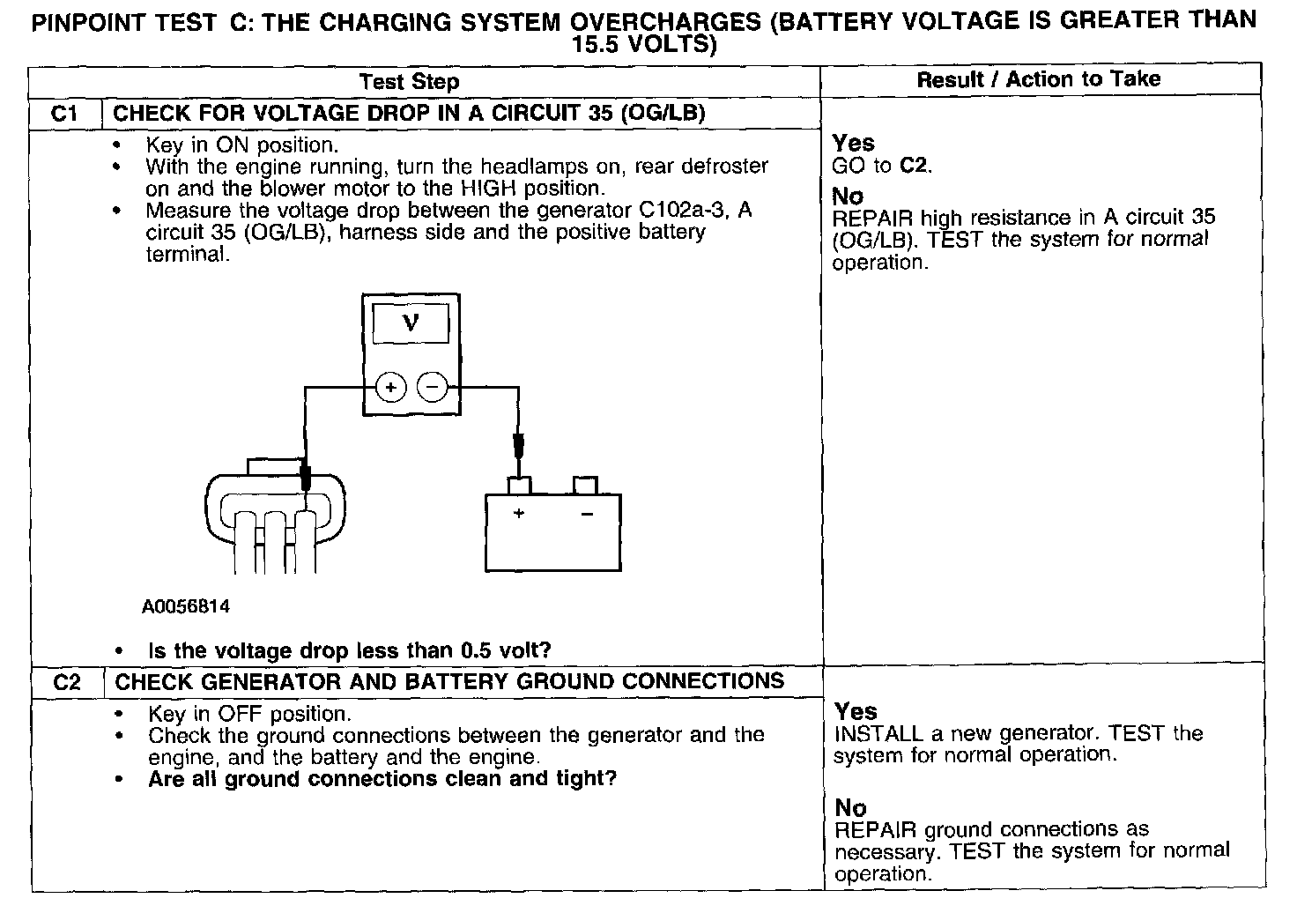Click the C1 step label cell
pyautogui.click(x=65, y=114)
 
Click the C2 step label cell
pyautogui.click(x=67, y=682)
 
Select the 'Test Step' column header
pyautogui.click(x=409, y=82)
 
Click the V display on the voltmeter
pyautogui.click(x=411, y=323)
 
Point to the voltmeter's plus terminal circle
pyautogui.click(x=390, y=387)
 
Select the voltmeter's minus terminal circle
pyautogui.click(x=432, y=387)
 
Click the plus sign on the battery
pyautogui.click(x=519, y=513)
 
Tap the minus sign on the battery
pyautogui.click(x=586, y=513)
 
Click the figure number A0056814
pyautogui.click(x=186, y=606)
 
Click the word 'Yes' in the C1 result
pyautogui.click(x=853, y=143)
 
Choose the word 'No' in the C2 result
pyautogui.click(x=850, y=807)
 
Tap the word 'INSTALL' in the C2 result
pyautogui.click(x=878, y=733)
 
